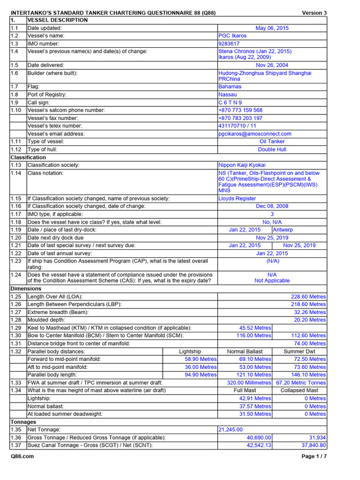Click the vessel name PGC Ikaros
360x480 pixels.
[232, 36]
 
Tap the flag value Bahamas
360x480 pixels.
[230, 87]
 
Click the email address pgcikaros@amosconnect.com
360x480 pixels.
[255, 134]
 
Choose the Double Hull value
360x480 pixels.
[272, 150]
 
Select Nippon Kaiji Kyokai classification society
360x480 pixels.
[242, 165]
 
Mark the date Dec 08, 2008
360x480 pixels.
[272, 206]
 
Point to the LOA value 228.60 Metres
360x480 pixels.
[308, 297]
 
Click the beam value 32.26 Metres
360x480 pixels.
[310, 312]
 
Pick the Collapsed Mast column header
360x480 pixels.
[299, 390]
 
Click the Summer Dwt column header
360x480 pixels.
[299, 351]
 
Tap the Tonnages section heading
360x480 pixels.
[23, 422]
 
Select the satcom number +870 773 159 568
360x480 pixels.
[240, 110]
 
